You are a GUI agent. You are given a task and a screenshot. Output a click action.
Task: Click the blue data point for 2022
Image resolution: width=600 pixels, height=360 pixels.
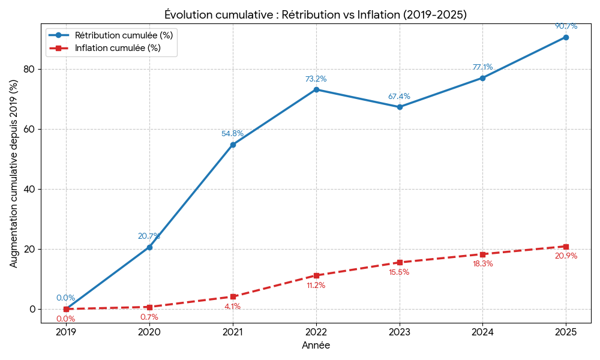coord(316,89)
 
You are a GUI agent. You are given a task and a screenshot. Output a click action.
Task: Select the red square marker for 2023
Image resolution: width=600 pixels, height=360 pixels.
coord(400,262)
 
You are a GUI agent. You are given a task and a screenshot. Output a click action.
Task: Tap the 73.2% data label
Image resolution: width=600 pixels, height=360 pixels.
coord(316,79)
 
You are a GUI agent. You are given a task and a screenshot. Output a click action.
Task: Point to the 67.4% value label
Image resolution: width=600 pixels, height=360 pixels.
coord(400,97)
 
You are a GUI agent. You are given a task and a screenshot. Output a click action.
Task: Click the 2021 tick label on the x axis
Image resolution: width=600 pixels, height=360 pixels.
coord(233,332)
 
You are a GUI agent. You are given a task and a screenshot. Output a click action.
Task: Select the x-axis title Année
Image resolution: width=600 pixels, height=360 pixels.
coord(316,346)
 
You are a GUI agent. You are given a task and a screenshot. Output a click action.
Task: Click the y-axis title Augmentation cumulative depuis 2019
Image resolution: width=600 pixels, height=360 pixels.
coord(14,173)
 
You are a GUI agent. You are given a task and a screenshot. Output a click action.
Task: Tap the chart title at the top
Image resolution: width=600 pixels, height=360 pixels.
coord(316,14)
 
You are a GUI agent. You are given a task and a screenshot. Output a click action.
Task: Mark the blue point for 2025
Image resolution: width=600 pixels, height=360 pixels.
coord(566,37)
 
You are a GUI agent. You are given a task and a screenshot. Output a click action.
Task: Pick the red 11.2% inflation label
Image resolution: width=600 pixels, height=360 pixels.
coord(316,286)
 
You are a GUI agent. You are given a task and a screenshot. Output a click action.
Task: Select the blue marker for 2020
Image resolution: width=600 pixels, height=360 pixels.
coord(149,247)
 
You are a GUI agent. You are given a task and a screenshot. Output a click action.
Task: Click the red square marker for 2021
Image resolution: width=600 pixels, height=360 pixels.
coord(233,296)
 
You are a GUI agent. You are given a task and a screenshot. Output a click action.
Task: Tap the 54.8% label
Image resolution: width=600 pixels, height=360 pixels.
coord(233,134)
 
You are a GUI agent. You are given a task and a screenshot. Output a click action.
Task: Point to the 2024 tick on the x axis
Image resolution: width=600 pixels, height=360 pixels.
coord(482,332)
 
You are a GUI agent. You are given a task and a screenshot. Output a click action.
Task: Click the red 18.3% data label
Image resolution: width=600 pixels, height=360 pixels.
coord(483,264)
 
